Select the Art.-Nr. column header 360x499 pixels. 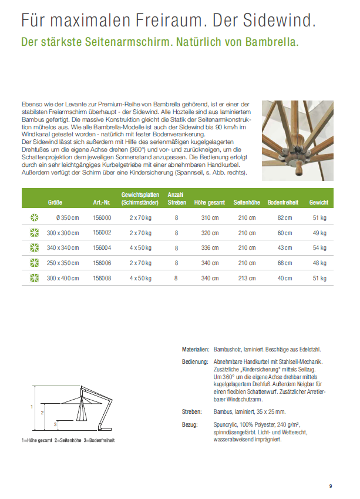(x=102, y=202)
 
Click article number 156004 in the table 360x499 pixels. (x=102, y=248)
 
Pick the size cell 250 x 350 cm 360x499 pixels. (x=63, y=263)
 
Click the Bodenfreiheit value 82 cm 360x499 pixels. (x=284, y=217)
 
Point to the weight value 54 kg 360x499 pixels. (x=319, y=248)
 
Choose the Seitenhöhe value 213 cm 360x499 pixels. (x=247, y=279)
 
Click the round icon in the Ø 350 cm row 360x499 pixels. (x=34, y=217)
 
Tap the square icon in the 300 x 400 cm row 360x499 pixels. (x=34, y=279)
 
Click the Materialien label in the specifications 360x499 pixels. (x=195, y=349)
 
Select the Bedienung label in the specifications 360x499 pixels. (x=196, y=361)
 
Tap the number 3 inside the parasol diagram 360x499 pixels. (x=55, y=424)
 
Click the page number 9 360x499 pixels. (x=331, y=486)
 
